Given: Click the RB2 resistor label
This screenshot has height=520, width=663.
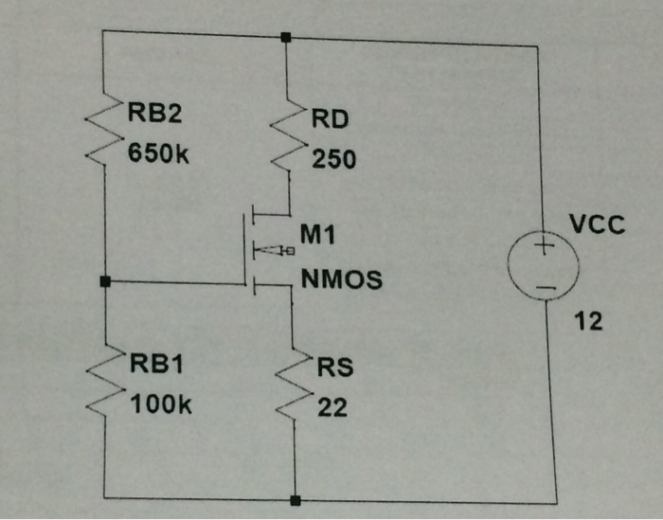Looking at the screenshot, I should [154, 115].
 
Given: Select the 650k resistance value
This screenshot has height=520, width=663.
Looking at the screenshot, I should [159, 153].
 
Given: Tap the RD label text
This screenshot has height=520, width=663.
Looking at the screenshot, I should [329, 120].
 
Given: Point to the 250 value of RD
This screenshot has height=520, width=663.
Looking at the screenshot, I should [333, 159].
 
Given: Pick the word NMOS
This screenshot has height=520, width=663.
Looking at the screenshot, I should [342, 280].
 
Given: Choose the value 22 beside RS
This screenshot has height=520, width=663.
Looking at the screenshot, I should [331, 407].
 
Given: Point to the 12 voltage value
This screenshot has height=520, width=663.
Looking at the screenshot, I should [588, 322].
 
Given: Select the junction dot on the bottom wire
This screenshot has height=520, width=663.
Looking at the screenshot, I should [295, 498].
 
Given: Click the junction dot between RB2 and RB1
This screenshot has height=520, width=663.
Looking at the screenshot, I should [104, 281].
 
